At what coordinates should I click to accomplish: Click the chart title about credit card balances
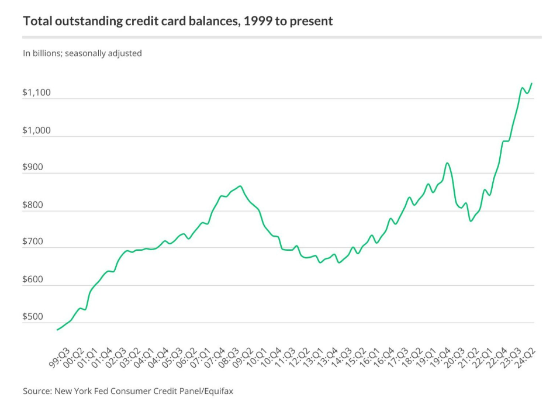click(178, 22)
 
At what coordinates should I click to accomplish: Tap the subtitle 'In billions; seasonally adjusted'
click(82, 53)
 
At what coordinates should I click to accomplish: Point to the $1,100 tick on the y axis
click(37, 93)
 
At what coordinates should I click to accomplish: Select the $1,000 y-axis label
click(37, 130)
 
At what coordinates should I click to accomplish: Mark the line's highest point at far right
click(531, 84)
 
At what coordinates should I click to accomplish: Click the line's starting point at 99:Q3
click(57, 330)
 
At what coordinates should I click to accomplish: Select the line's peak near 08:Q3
click(240, 186)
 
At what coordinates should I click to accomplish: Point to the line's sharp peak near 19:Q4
click(447, 163)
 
